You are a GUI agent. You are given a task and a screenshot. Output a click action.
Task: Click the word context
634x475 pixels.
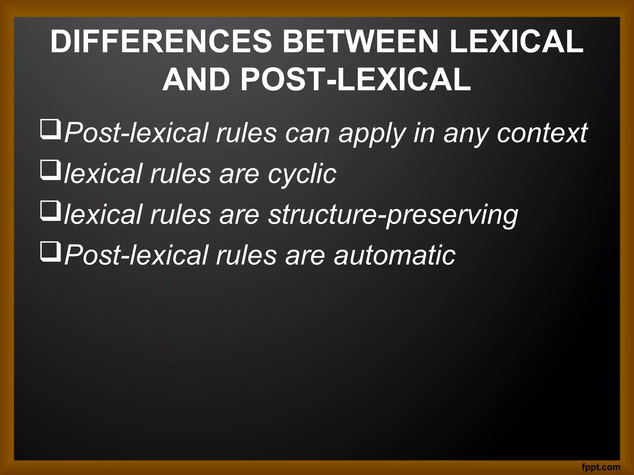pos(542,133)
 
